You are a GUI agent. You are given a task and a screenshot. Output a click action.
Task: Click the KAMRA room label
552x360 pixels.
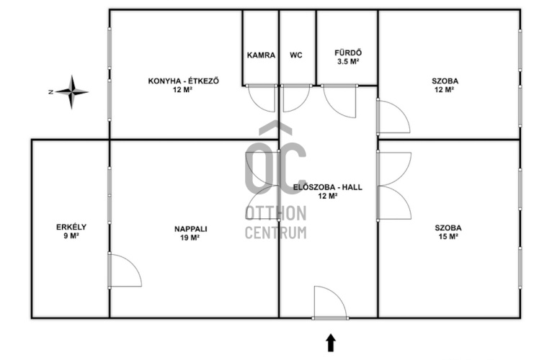pyautogui.click(x=261, y=55)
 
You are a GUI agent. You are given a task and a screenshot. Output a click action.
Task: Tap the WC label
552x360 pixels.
pyautogui.click(x=295, y=55)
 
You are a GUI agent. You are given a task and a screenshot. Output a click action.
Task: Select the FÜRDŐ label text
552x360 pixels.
pyautogui.click(x=348, y=53)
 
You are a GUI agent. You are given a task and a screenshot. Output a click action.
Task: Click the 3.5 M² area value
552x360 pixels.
pyautogui.click(x=348, y=62)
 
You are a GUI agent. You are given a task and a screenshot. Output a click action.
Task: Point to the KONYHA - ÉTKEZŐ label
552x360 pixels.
pyautogui.click(x=184, y=81)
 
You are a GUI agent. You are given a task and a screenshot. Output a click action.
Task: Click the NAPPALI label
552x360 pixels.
pyautogui.click(x=191, y=229)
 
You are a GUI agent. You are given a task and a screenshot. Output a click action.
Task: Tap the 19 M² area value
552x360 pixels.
pyautogui.click(x=190, y=238)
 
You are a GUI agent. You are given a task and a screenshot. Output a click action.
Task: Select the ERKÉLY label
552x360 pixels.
pyautogui.click(x=71, y=227)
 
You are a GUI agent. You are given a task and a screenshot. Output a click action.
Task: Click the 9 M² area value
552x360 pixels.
pyautogui.click(x=71, y=235)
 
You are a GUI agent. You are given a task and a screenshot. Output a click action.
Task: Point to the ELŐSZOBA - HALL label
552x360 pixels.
pyautogui.click(x=327, y=187)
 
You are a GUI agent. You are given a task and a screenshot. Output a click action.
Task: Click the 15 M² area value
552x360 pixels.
pyautogui.click(x=448, y=236)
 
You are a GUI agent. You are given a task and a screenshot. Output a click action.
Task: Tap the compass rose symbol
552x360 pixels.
pyautogui.click(x=71, y=92)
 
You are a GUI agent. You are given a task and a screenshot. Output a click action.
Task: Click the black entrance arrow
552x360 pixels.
pyautogui.click(x=330, y=343)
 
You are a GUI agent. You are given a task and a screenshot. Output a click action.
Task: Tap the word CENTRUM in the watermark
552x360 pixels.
pyautogui.click(x=276, y=233)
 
